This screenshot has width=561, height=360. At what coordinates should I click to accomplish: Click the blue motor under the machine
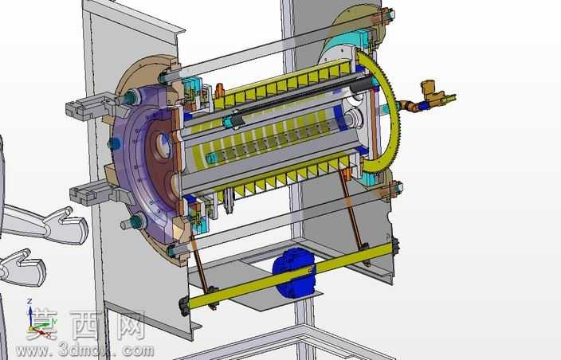(294, 272)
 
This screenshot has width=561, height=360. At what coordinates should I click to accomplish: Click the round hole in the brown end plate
(163, 146)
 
